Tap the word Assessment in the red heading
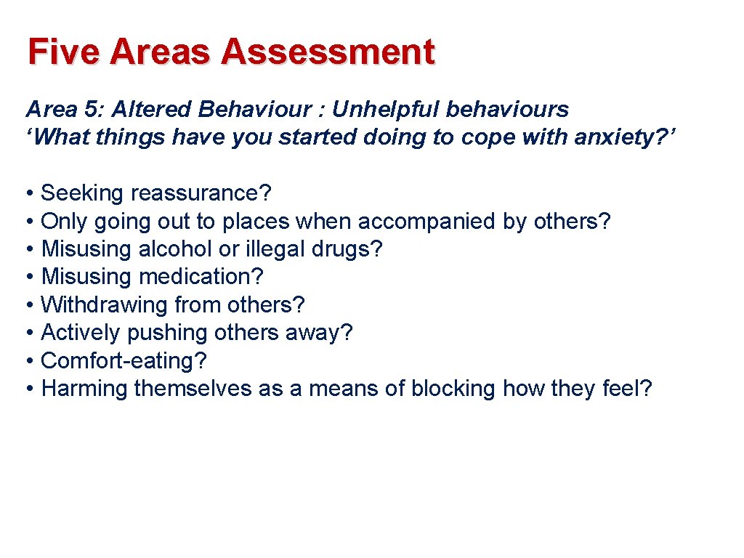click(x=328, y=52)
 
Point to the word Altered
click(x=151, y=110)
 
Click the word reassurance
click(x=201, y=193)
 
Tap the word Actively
click(x=81, y=333)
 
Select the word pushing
click(x=167, y=333)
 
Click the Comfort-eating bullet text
click(x=124, y=360)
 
